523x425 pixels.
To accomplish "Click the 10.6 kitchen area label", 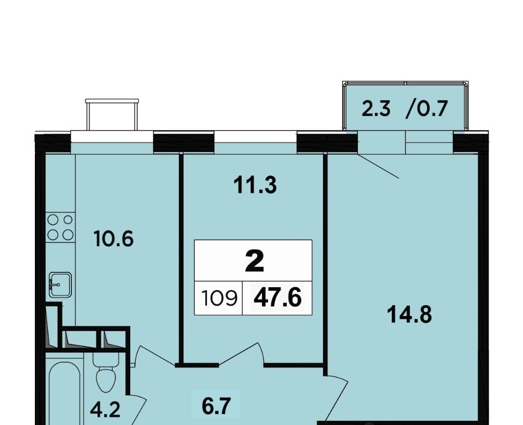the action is pos(114,239).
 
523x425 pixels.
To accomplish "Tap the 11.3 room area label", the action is pos(255,185).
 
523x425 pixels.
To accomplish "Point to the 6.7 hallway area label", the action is pos(216,406).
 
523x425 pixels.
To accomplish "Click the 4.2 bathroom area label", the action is pos(105,410).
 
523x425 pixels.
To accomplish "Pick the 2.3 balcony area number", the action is pos(376,109).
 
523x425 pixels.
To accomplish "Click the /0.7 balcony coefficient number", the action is pos(427,109).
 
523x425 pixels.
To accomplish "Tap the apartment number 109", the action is pos(219,298).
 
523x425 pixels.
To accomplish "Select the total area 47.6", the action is pos(277,298).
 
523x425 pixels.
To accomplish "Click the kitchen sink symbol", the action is pos(60,285).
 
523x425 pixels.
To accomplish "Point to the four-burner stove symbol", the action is pos(60,227).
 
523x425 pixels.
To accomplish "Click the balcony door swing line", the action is pos(378,166).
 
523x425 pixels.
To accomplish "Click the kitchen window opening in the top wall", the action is pos(112,136).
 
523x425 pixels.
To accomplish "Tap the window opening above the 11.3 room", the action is pos(256,136).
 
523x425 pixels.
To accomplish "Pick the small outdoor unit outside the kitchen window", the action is pos(112,114).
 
